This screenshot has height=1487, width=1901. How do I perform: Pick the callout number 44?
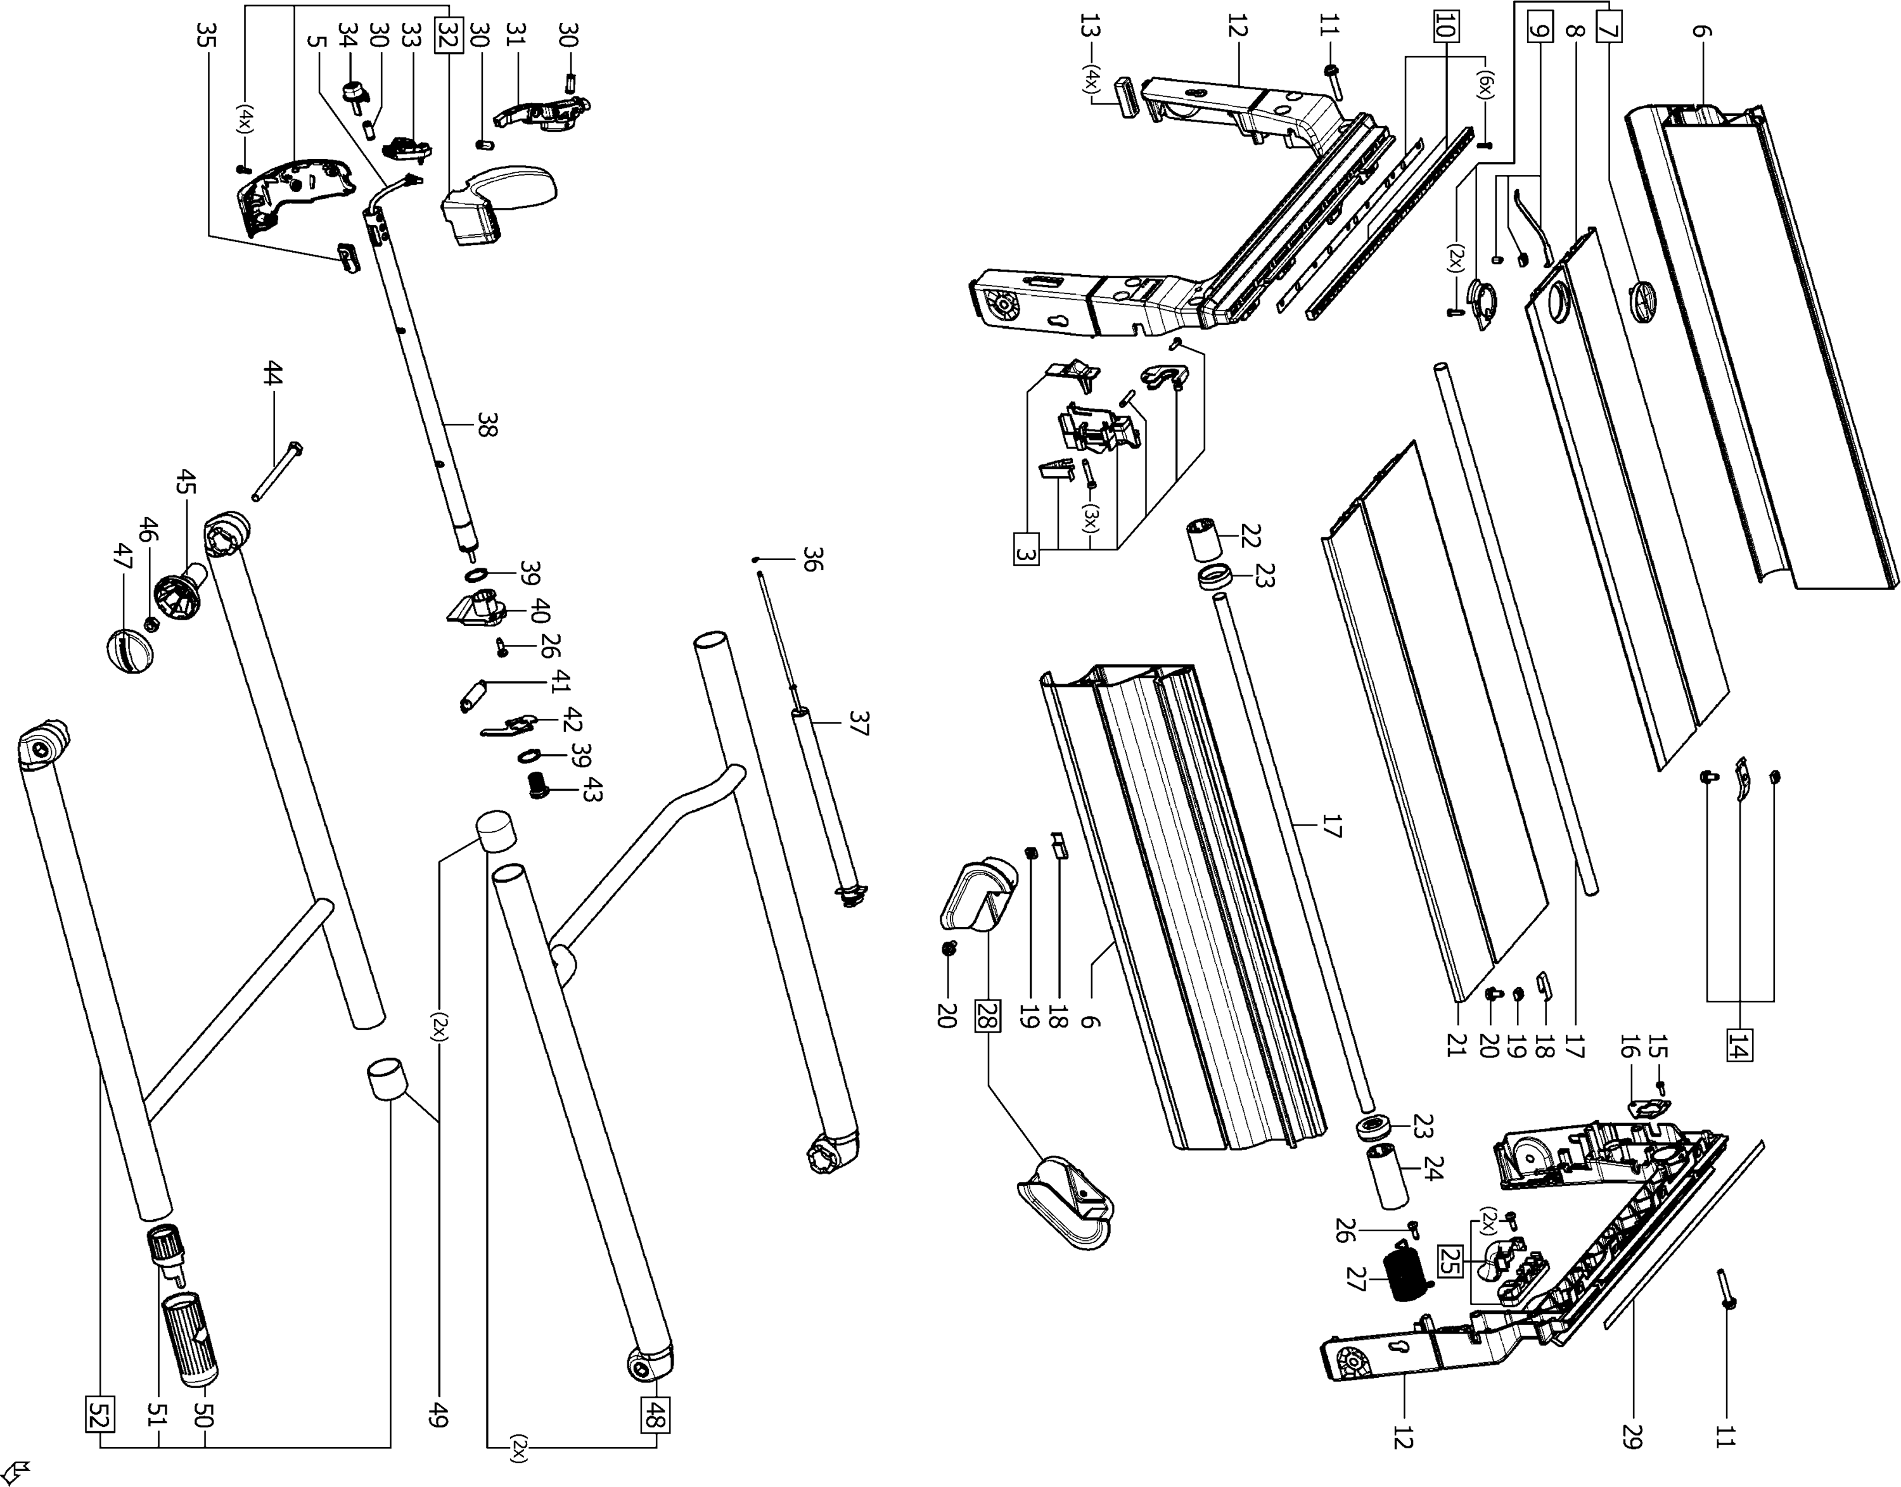(x=272, y=376)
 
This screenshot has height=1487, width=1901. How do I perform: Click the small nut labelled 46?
(x=149, y=623)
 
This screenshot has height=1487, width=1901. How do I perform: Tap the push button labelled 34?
(x=356, y=93)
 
